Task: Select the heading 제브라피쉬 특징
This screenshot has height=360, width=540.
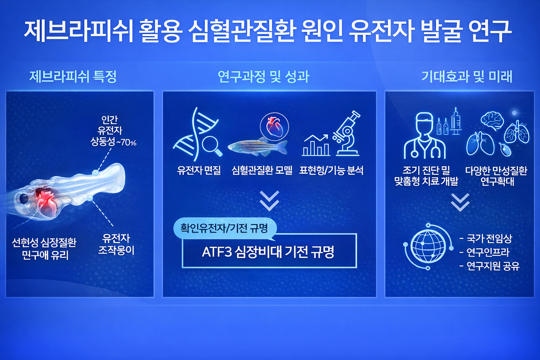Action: [x=73, y=76]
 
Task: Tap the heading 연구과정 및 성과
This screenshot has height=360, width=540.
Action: [x=263, y=76]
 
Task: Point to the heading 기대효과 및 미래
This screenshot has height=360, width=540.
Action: [x=466, y=76]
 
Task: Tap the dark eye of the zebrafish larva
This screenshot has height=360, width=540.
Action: [x=24, y=199]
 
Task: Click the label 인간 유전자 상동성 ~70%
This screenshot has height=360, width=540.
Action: [x=111, y=131]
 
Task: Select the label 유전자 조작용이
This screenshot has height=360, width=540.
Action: [x=116, y=244]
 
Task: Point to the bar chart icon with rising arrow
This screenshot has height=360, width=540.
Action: [x=316, y=145]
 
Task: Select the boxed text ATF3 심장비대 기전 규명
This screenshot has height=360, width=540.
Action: [x=269, y=252]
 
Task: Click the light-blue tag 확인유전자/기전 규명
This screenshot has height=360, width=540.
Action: [x=224, y=228]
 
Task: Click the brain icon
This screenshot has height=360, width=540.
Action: [x=492, y=120]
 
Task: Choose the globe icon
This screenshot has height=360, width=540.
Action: [x=428, y=246]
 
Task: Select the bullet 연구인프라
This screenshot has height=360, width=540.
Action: [x=488, y=252]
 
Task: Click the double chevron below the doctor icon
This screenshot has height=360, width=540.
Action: [x=460, y=202]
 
